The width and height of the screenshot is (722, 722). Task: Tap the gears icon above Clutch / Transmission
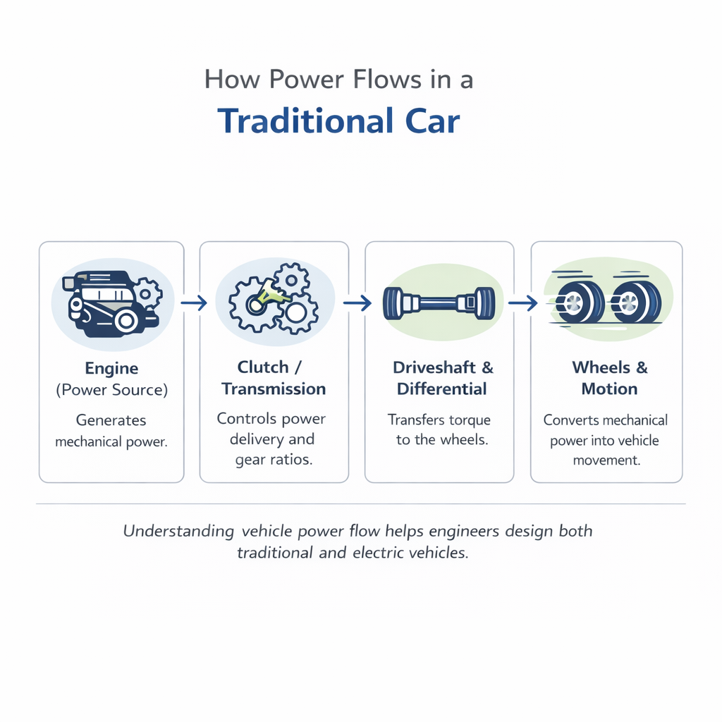(274, 300)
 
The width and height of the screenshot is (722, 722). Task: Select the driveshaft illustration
(439, 302)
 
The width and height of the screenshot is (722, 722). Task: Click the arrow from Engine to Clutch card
(192, 302)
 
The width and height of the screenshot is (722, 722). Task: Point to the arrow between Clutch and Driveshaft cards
(357, 302)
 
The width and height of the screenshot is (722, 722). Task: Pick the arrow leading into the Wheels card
(522, 302)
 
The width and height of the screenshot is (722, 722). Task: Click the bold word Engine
(111, 368)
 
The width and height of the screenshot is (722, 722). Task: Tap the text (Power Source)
(111, 389)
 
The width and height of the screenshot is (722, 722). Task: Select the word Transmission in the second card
(274, 388)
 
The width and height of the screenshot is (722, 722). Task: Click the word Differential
(442, 388)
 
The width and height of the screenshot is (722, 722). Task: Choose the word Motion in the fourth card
(609, 388)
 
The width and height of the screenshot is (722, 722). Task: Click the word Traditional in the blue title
(304, 121)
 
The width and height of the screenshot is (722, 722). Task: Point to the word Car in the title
(432, 121)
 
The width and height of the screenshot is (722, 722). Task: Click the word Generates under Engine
(111, 421)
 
